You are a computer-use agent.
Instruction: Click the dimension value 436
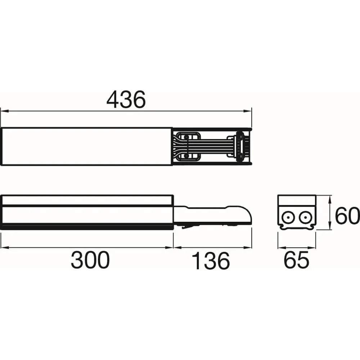click(126, 99)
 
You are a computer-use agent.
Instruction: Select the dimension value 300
click(90, 260)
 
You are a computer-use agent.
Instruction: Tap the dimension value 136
click(211, 261)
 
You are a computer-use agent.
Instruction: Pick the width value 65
click(296, 260)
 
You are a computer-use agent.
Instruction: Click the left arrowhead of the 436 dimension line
click(5, 111)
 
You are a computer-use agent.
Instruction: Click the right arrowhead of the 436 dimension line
click(248, 111)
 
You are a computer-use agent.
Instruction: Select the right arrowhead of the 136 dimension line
click(248, 248)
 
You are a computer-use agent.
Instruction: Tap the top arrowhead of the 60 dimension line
click(330, 200)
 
